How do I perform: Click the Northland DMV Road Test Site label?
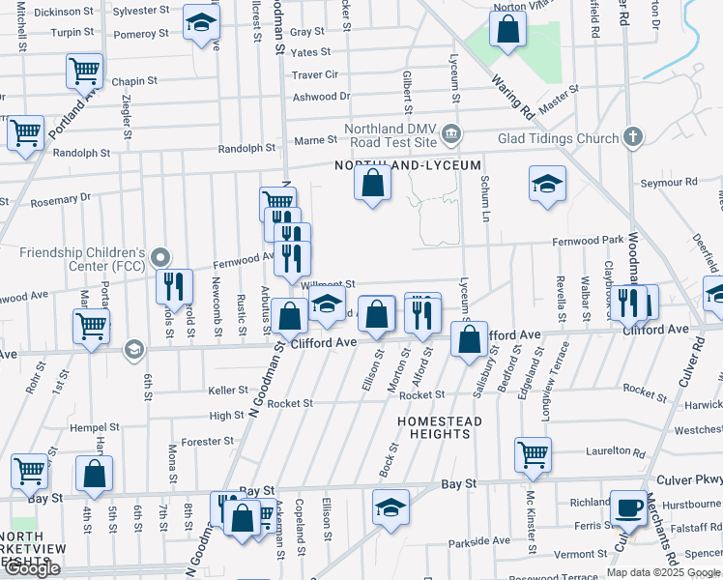[390, 135]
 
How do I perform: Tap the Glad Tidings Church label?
[557, 138]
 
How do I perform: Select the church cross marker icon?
[633, 137]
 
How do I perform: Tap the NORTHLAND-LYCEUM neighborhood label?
[407, 165]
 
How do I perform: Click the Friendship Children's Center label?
[81, 259]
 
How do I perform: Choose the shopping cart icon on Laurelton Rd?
[533, 453]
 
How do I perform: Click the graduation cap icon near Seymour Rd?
[547, 183]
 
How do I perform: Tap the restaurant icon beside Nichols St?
[174, 285]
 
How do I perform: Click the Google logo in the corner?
[31, 569]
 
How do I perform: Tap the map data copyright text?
[662, 572]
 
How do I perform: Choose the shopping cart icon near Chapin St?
[84, 70]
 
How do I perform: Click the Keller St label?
[228, 391]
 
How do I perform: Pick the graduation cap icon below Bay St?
[390, 506]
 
